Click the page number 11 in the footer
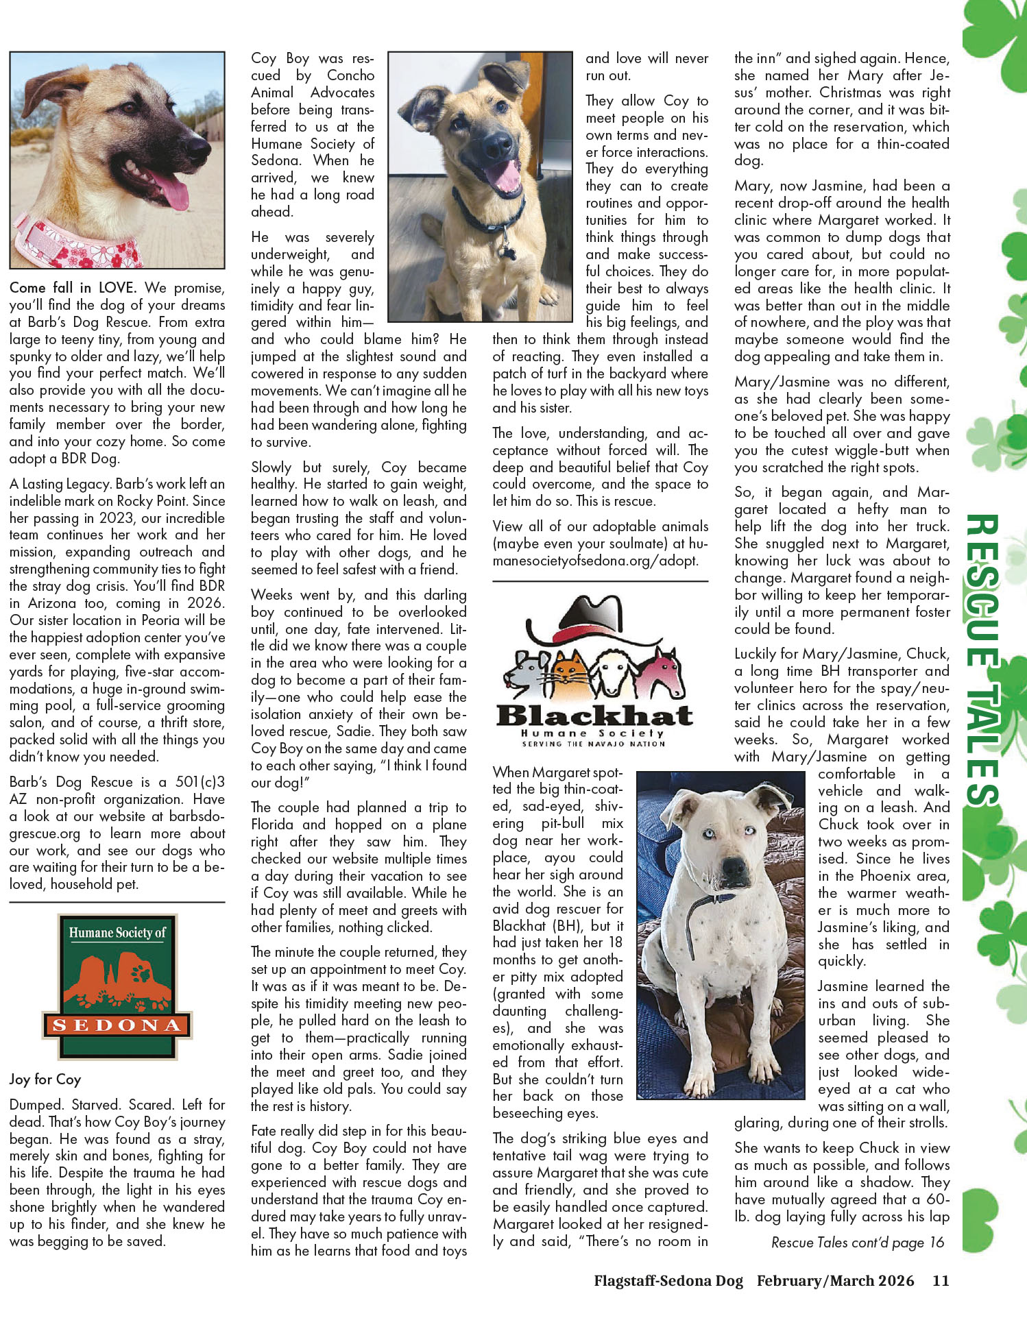[x=940, y=1280]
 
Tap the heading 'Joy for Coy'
[x=45, y=1079]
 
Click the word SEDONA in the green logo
[x=117, y=1025]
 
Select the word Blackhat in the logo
[x=594, y=716]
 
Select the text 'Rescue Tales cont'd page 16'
[x=857, y=1243]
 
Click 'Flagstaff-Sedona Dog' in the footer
[x=668, y=1280]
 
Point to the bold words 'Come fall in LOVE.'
[x=73, y=288]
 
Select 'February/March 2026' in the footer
[x=835, y=1280]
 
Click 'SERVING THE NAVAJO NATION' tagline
[x=593, y=744]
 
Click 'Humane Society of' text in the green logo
[x=117, y=932]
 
